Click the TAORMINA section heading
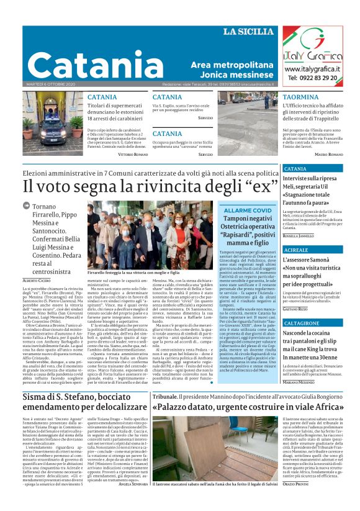[x=300, y=97]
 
